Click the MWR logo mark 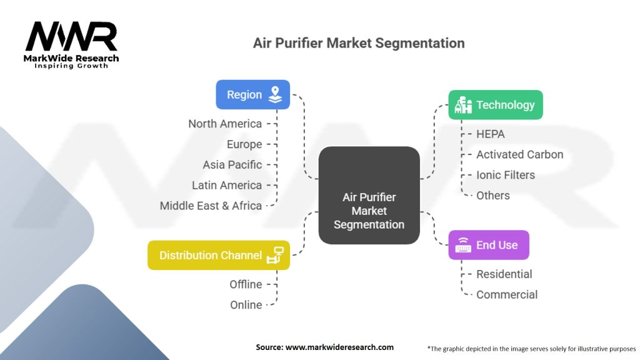[x=71, y=36]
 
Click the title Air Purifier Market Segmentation [x=359, y=43]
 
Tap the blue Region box [x=252, y=95]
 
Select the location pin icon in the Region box [x=275, y=95]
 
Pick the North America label [x=225, y=124]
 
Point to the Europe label [x=244, y=144]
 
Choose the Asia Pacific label [x=232, y=165]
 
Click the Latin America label [x=227, y=185]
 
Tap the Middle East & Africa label [x=211, y=206]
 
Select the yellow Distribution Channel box [x=219, y=255]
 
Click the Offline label [x=246, y=284]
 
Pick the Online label [x=246, y=305]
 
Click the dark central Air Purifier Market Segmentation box [x=369, y=195]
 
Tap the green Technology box [x=496, y=105]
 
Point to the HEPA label [x=491, y=134]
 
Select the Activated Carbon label [x=519, y=155]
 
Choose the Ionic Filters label [x=506, y=175]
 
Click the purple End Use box [x=489, y=245]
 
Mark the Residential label [x=504, y=274]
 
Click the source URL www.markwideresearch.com [x=339, y=347]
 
